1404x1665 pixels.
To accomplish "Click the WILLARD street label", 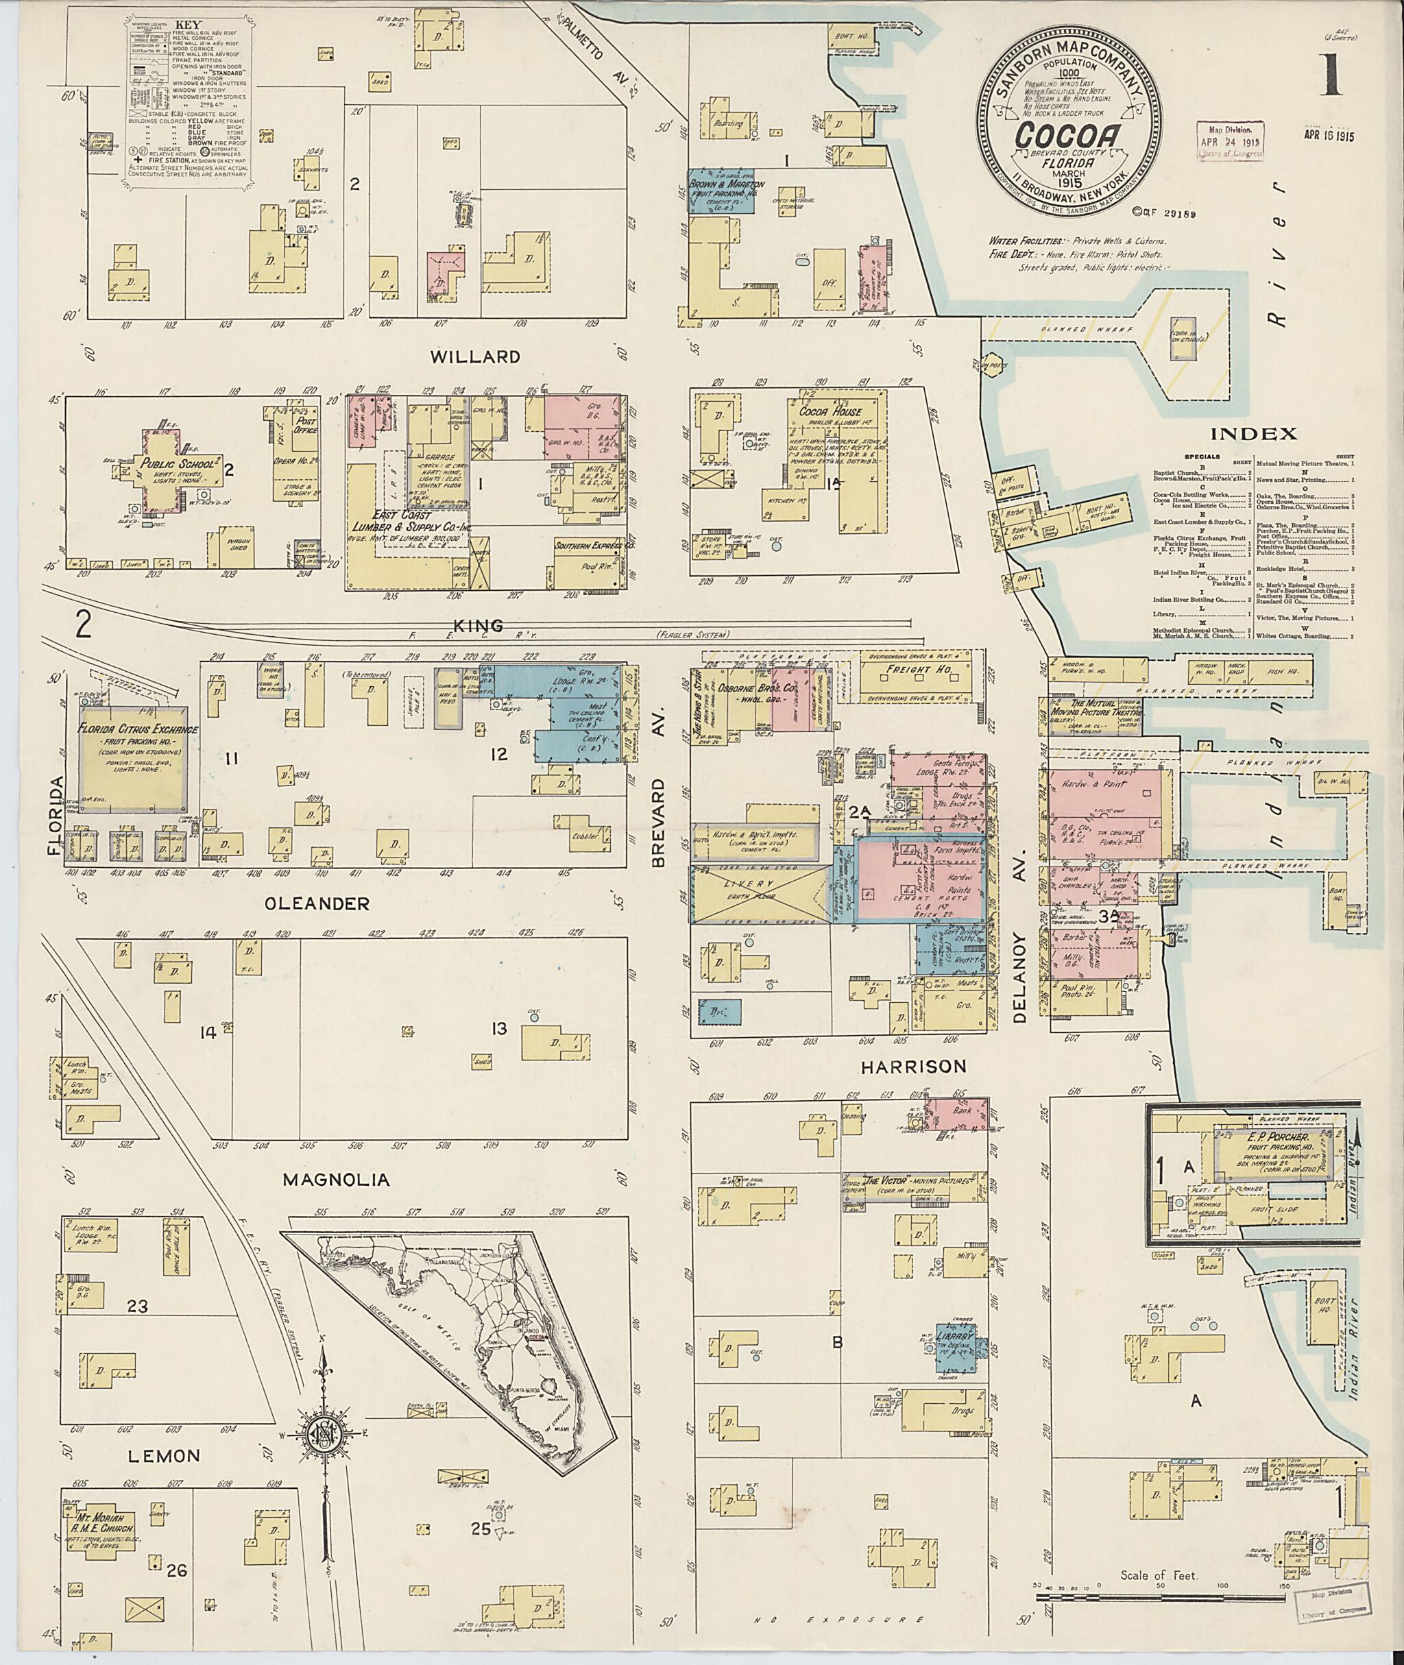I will coord(475,357).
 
